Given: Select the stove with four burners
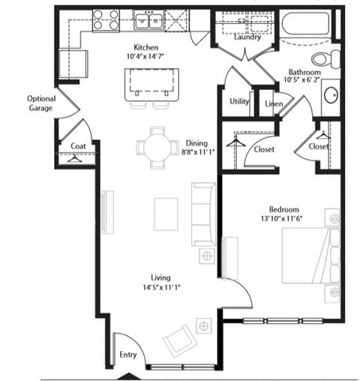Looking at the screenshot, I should pos(105,20).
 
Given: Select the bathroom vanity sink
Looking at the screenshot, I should pos(331,96).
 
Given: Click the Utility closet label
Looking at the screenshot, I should pos(239,101).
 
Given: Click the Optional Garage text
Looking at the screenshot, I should pos(40,103).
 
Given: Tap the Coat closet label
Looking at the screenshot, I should pos(76,147).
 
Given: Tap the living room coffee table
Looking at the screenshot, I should pos(166,214).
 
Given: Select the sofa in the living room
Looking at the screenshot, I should pos(203,214).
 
